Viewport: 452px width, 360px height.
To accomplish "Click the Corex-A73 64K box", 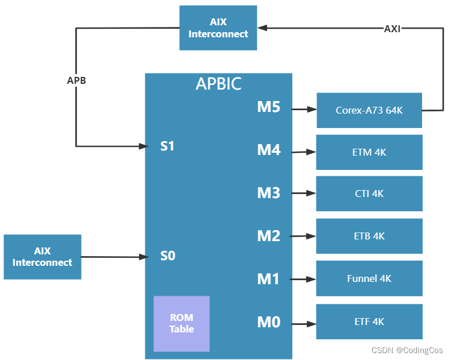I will click(x=369, y=110).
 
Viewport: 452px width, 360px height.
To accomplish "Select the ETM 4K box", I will click(x=369, y=152).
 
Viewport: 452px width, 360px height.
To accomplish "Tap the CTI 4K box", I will click(x=369, y=193).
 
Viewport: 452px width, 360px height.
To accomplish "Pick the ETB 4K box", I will click(x=369, y=236).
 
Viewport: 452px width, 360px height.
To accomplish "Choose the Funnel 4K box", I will click(x=369, y=278).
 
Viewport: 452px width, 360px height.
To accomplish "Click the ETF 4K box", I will click(x=369, y=322).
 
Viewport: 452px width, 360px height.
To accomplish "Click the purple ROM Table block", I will click(x=181, y=323).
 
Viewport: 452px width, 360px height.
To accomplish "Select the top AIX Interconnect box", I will click(x=218, y=28).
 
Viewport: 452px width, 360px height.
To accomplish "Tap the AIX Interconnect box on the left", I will click(x=43, y=257).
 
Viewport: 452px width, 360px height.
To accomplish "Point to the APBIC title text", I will click(x=218, y=84).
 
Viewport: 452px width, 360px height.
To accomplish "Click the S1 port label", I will click(x=167, y=146).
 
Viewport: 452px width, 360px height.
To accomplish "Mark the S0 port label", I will click(x=167, y=256).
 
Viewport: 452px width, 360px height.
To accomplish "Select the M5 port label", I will click(x=268, y=107).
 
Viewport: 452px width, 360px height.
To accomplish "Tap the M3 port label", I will click(x=268, y=193).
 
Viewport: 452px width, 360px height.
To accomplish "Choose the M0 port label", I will click(x=268, y=323).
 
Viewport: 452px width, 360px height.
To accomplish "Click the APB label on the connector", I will click(x=76, y=80).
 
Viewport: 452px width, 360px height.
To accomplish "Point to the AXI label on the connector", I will click(x=392, y=28).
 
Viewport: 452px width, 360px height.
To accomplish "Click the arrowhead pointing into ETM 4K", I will click(x=312, y=152).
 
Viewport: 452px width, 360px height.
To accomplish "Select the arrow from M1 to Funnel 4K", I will click(x=304, y=279).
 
